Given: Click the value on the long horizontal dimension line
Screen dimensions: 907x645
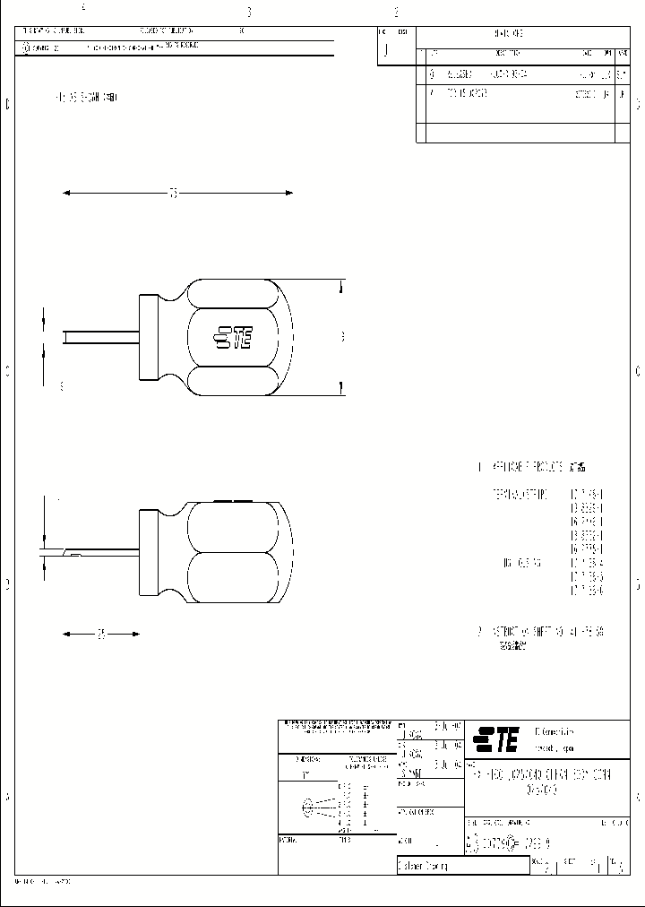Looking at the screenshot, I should click(175, 192).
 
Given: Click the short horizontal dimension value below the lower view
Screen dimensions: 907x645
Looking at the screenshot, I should click(101, 635).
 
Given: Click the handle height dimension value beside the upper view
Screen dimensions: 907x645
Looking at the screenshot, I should click(342, 337).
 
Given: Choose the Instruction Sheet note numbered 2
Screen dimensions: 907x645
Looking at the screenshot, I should click(541, 632).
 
